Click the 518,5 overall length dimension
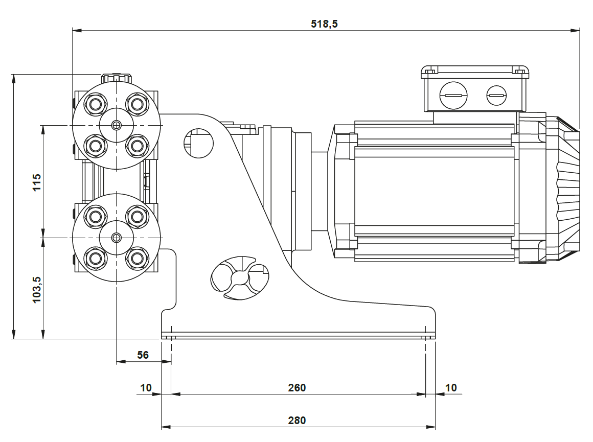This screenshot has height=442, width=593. point(325,24)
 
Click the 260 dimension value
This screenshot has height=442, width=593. point(296,388)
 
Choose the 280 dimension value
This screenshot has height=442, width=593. point(296,421)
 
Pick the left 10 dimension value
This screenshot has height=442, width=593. point(146,388)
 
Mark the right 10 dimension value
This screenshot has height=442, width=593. point(451,388)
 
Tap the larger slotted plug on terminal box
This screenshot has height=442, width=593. point(453,95)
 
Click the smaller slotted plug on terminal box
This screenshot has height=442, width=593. point(496,95)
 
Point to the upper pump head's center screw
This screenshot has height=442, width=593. point(117,125)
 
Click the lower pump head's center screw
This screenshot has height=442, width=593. point(117,237)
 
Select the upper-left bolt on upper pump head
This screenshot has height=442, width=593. point(95,105)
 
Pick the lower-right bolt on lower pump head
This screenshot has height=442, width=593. point(136,258)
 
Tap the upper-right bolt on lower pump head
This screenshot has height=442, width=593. point(136,217)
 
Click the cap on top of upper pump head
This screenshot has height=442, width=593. point(116,78)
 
